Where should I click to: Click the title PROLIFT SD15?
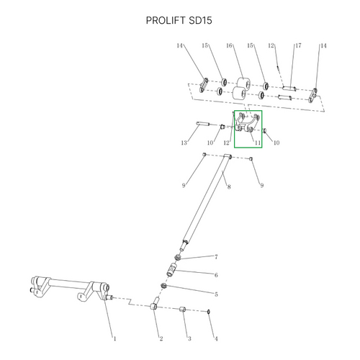(x=179, y=20)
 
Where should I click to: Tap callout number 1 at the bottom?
(x=114, y=338)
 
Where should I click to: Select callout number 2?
(x=161, y=338)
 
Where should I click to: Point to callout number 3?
(x=189, y=338)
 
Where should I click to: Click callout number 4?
(x=216, y=338)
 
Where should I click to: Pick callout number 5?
(x=216, y=294)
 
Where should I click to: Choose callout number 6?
(x=216, y=275)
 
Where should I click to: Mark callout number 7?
(x=216, y=257)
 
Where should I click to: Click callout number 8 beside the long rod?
(x=229, y=186)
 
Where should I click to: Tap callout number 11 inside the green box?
(x=258, y=143)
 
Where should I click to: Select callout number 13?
(x=184, y=143)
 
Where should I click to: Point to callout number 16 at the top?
(x=229, y=45)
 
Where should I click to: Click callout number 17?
(x=298, y=45)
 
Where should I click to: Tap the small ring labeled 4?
(x=209, y=312)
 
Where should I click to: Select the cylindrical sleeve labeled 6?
(x=172, y=270)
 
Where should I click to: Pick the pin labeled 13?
(x=203, y=124)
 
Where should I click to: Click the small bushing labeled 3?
(x=183, y=309)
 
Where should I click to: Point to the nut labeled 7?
(x=177, y=258)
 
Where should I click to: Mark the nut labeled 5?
(x=163, y=286)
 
